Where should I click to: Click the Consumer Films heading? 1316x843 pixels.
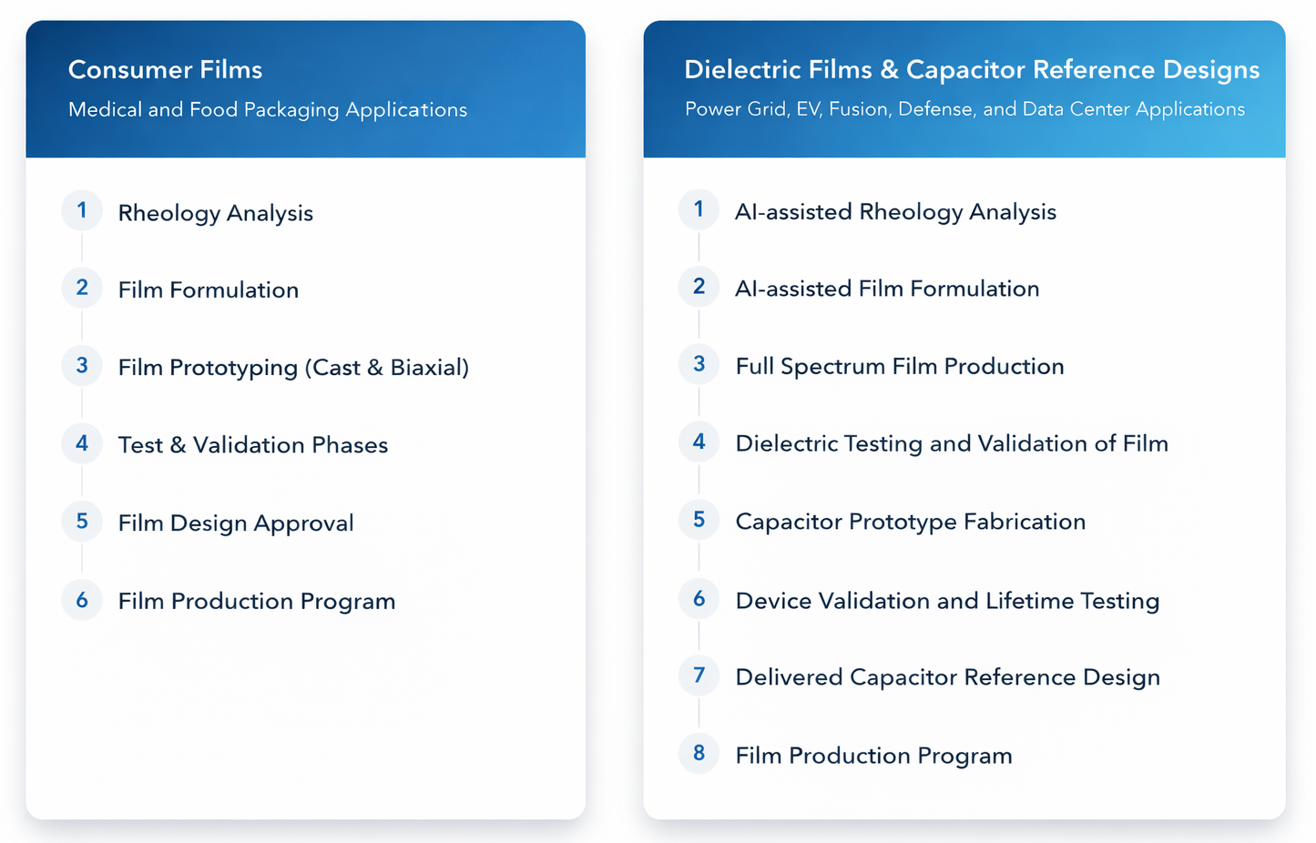click(x=165, y=70)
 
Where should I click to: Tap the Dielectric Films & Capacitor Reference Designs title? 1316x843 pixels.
click(x=971, y=70)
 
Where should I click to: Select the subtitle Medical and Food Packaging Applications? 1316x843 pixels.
click(x=267, y=110)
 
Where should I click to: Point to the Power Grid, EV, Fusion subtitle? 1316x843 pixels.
click(x=964, y=109)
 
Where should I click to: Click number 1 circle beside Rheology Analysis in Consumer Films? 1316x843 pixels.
click(x=82, y=210)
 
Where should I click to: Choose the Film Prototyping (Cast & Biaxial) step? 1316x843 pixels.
click(x=292, y=368)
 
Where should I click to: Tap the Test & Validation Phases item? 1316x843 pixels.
click(x=252, y=445)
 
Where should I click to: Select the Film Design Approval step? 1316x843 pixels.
click(x=235, y=523)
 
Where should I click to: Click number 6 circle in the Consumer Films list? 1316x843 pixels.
click(x=82, y=600)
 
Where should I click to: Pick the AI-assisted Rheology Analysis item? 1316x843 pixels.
click(x=894, y=212)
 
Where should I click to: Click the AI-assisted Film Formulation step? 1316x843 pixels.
click(x=886, y=289)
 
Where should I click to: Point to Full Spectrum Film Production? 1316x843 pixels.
click(x=899, y=367)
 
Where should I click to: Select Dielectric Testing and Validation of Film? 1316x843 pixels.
click(x=951, y=444)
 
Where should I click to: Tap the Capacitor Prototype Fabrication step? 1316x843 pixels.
click(x=910, y=523)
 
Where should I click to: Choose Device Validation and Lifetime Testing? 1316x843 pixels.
click(x=946, y=601)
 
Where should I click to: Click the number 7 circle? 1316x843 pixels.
click(x=699, y=675)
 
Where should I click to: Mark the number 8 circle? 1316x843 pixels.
click(x=699, y=754)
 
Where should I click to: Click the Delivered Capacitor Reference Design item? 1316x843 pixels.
click(x=947, y=678)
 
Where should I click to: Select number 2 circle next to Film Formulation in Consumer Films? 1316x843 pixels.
click(x=82, y=288)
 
